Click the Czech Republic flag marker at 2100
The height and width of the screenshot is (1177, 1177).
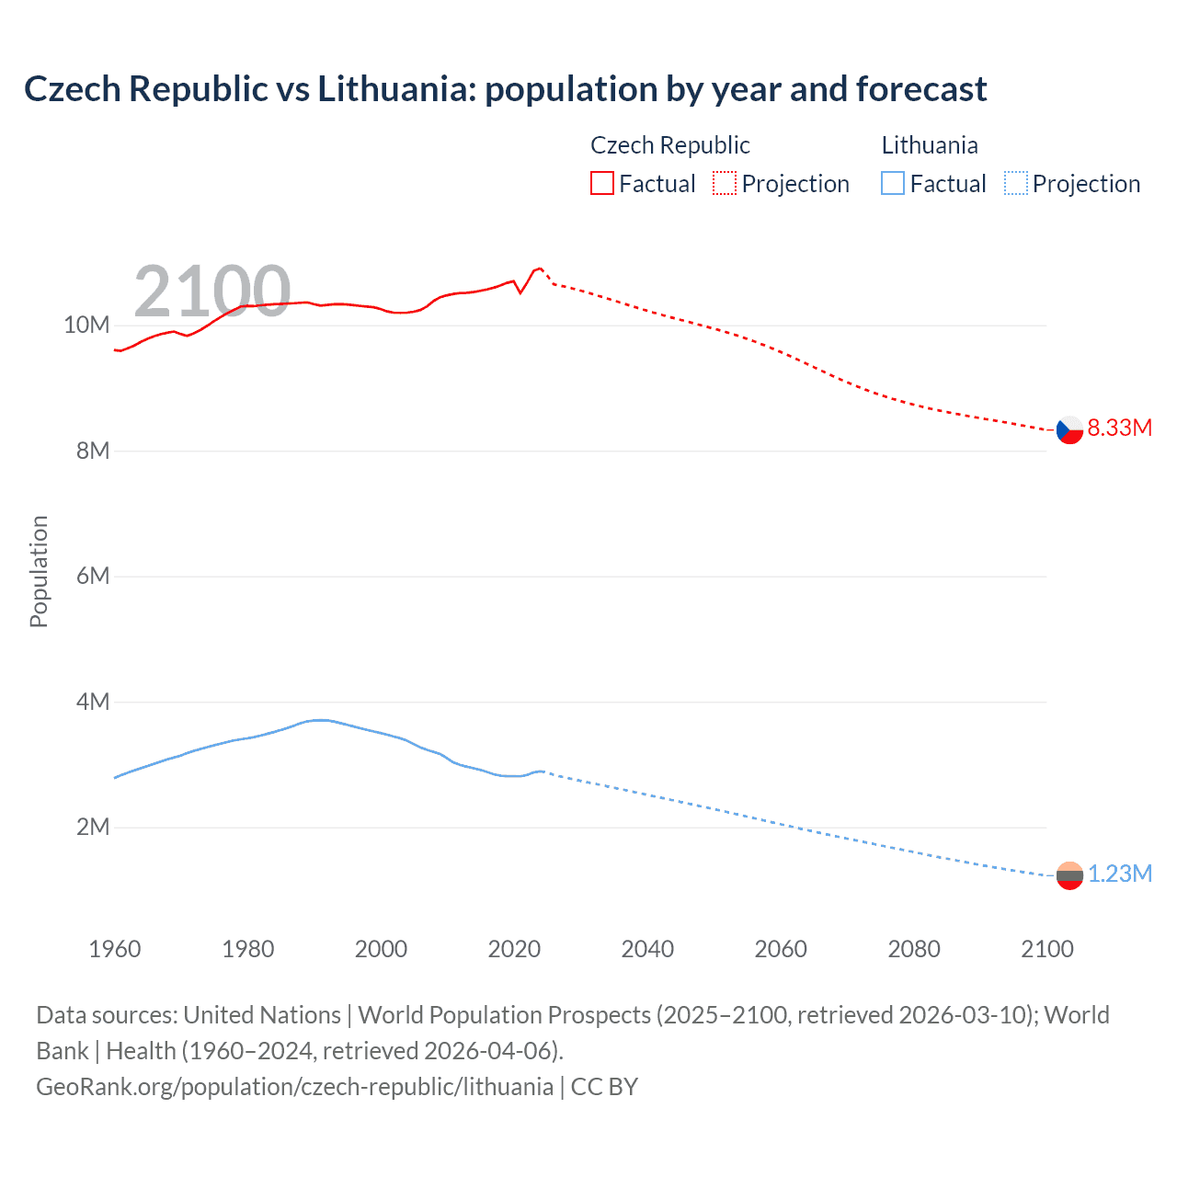click(x=1069, y=429)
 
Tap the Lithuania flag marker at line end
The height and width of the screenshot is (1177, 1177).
click(x=1069, y=875)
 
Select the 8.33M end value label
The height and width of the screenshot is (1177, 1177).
click(x=1119, y=428)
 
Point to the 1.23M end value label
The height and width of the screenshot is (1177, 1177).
click(x=1119, y=874)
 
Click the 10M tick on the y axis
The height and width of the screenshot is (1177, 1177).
click(x=86, y=326)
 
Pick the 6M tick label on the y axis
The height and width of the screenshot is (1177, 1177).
click(x=92, y=577)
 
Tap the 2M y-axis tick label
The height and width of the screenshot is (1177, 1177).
click(x=92, y=828)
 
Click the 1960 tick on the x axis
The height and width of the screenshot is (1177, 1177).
click(x=115, y=949)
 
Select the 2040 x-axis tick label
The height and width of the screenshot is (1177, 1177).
click(x=647, y=949)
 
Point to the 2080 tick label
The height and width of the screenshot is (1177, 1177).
click(x=914, y=949)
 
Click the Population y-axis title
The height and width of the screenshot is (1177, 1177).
click(x=39, y=572)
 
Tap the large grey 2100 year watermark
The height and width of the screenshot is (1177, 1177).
click(x=212, y=291)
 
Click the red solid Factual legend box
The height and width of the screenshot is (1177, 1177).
click(x=601, y=184)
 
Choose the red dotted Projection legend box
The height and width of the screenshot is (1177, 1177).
click(x=725, y=184)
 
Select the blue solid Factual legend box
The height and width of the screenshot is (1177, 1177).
click(x=893, y=184)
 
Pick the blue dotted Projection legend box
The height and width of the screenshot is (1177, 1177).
click(x=1016, y=184)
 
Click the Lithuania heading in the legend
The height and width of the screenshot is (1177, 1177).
click(x=930, y=145)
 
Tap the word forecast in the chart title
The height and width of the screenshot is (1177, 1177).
click(x=921, y=89)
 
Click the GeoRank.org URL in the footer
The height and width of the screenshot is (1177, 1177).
click(x=294, y=1087)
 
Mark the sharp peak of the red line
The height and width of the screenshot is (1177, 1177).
click(x=540, y=268)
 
